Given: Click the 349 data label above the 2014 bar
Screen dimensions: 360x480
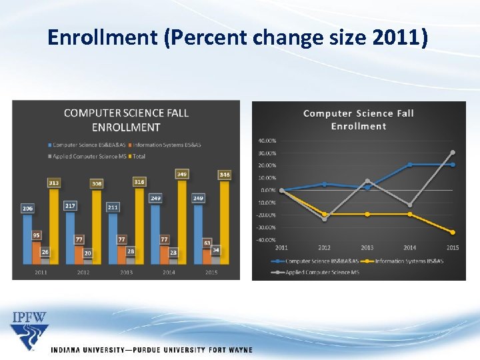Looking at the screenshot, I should pyautogui.click(x=182, y=174).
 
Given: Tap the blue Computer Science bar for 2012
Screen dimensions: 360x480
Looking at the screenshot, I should pyautogui.click(x=70, y=237).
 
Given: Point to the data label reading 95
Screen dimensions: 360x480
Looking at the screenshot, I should pyautogui.click(x=36, y=235).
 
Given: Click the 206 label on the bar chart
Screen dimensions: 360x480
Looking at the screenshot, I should pyautogui.click(x=27, y=209).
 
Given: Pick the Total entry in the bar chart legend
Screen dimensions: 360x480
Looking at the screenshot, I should pyautogui.click(x=136, y=156).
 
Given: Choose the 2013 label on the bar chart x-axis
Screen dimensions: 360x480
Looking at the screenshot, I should pyautogui.click(x=126, y=272).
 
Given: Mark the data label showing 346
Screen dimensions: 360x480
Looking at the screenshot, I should pyautogui.click(x=225, y=175).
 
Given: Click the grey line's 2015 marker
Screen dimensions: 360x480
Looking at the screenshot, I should pyautogui.click(x=453, y=152).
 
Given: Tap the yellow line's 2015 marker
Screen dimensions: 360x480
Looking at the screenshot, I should pyautogui.click(x=453, y=232).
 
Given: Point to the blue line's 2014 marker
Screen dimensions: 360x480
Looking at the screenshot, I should pyautogui.click(x=410, y=165).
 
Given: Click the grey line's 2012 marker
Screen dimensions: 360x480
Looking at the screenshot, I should pyautogui.click(x=325, y=219).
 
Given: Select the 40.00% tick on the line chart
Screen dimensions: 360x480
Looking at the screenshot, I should pyautogui.click(x=267, y=141).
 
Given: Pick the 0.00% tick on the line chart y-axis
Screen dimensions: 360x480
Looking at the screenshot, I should pyautogui.click(x=268, y=190).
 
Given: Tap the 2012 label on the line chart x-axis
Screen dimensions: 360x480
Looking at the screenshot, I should pyautogui.click(x=325, y=248).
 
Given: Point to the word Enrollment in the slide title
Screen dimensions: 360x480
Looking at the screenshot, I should pyautogui.click(x=103, y=39).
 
